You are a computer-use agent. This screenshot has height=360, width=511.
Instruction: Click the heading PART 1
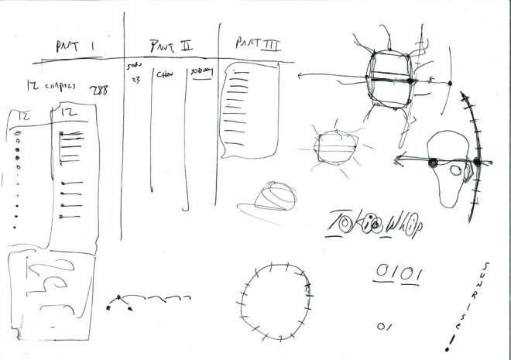coord(75,46)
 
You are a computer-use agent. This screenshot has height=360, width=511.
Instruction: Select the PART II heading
coord(172,45)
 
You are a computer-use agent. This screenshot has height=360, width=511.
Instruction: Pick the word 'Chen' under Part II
coord(164,76)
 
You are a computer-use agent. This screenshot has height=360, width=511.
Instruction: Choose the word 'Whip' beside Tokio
coord(406,223)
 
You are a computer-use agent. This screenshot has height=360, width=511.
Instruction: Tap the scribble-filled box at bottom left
coord(50,286)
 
